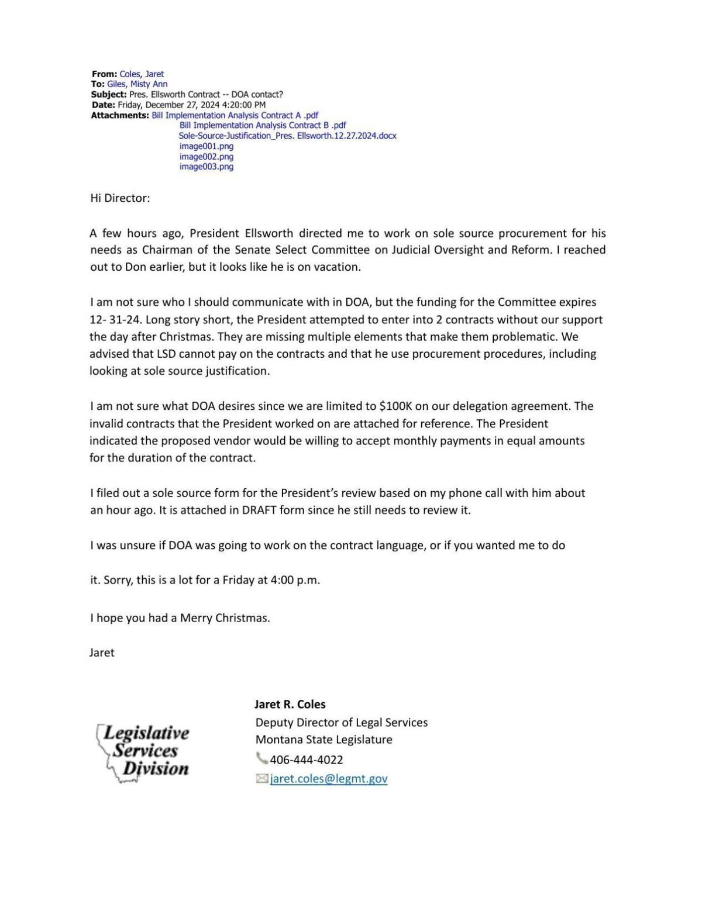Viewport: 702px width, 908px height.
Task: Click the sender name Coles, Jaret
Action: click(x=142, y=74)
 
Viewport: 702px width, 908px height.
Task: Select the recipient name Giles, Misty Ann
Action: click(x=137, y=84)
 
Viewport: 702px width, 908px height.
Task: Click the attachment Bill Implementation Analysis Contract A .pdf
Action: click(x=235, y=115)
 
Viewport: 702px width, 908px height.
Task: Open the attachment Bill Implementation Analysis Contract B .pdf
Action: click(x=262, y=125)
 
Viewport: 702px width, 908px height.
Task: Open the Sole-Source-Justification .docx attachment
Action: click(x=287, y=136)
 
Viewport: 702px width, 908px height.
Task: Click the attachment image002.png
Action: click(x=206, y=157)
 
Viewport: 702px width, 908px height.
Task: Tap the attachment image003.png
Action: click(x=206, y=167)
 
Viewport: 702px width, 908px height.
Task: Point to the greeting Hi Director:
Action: click(x=120, y=198)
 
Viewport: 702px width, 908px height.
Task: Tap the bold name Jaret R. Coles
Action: click(x=290, y=704)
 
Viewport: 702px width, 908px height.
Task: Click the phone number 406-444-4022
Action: click(x=306, y=759)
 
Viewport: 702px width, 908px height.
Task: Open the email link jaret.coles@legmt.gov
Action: click(x=328, y=779)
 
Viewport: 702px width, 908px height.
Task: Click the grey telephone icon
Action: click(x=261, y=759)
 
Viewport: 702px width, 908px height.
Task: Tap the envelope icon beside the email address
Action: click(x=261, y=778)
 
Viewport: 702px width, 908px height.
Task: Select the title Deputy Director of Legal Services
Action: click(x=341, y=722)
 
